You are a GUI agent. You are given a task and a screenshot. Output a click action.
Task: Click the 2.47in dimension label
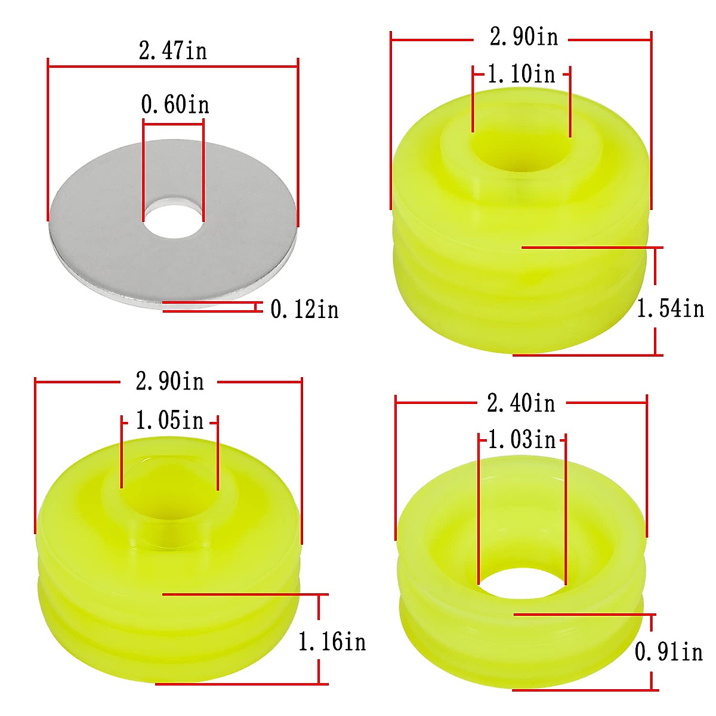pyautogui.click(x=173, y=51)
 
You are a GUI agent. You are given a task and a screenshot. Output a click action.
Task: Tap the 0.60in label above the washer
pyautogui.click(x=175, y=104)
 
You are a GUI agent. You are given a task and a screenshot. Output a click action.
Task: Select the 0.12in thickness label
pyautogui.click(x=304, y=309)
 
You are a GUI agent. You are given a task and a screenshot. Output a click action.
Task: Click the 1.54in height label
pyautogui.click(x=671, y=308)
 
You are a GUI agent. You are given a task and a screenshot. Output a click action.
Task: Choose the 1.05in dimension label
pyautogui.click(x=169, y=420)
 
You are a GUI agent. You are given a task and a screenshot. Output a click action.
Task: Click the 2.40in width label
pyautogui.click(x=521, y=403)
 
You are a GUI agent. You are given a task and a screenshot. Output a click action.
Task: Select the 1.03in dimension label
pyautogui.click(x=521, y=439)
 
